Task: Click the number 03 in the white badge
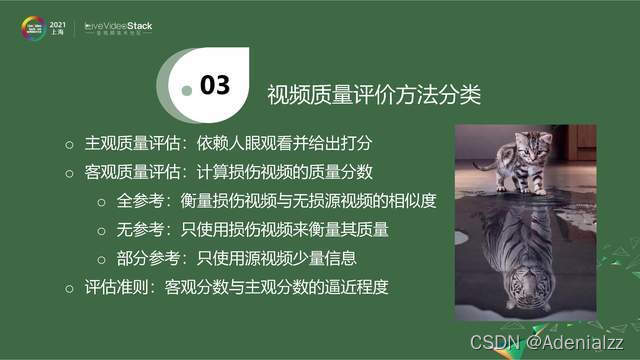coord(215,86)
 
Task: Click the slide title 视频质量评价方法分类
coord(374,96)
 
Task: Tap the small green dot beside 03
coord(185,90)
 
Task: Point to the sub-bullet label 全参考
coord(138,201)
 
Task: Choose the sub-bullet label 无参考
coord(138,230)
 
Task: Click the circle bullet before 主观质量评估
coord(69,144)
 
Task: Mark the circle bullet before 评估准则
coord(69,289)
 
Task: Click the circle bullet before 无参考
coord(101,231)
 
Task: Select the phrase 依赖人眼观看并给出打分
coord(293,143)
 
